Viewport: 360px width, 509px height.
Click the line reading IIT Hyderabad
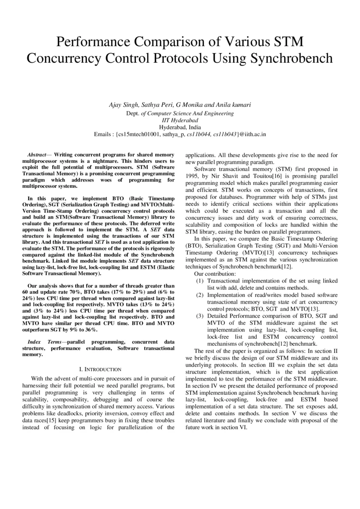(x=180, y=120)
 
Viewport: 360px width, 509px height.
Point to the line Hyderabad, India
(x=180, y=127)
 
